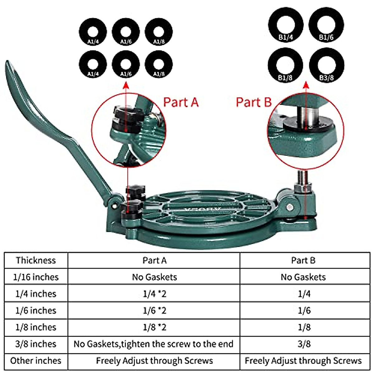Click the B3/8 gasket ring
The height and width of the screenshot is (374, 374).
[326, 65]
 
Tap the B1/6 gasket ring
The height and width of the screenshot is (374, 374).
[326, 25]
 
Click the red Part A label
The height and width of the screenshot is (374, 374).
[181, 102]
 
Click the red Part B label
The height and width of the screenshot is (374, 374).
[253, 102]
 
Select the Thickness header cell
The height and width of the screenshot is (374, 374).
[36, 260]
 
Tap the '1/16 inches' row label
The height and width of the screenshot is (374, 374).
[36, 277]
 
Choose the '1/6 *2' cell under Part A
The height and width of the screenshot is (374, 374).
[154, 310]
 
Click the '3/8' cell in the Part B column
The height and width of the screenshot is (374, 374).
[304, 344]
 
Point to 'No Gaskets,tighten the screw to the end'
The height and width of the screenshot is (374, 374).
[153, 344]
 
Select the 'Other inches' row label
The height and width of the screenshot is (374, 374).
[36, 361]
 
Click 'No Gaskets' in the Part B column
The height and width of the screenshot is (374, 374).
[303, 277]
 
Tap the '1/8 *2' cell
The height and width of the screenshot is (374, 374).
[154, 327]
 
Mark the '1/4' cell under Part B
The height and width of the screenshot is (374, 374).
[304, 294]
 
